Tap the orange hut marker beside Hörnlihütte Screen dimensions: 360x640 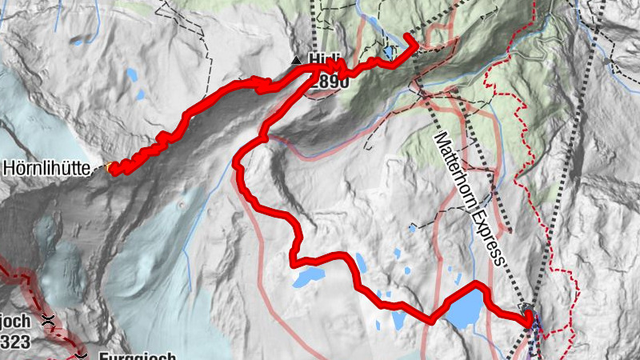[x=110, y=167]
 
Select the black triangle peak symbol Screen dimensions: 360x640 [x=297, y=60]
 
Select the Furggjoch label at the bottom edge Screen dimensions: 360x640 [x=136, y=357]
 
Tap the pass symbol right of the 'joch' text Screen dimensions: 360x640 [x=50, y=322]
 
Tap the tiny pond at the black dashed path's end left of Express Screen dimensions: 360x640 [x=412, y=229]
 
